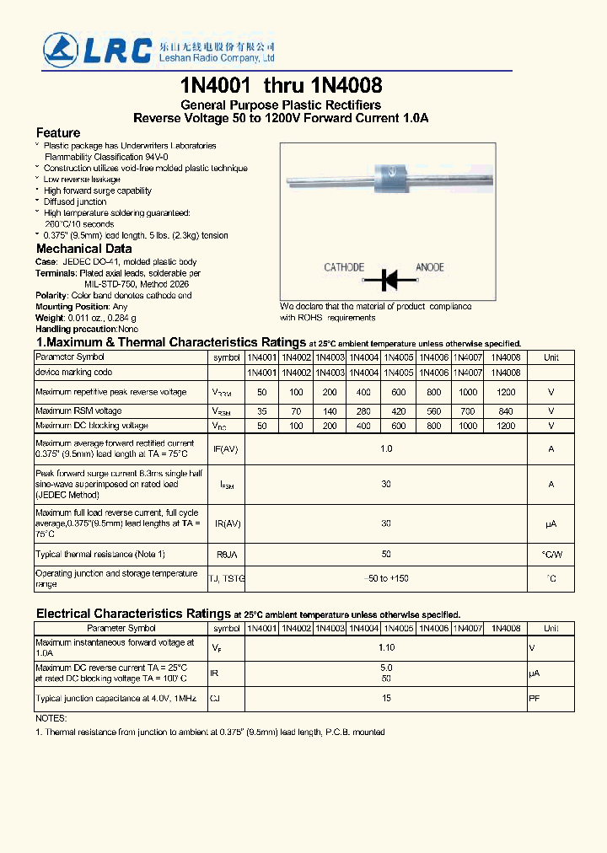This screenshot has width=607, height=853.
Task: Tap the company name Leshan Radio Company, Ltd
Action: tap(217, 59)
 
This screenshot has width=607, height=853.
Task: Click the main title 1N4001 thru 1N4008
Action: tap(281, 85)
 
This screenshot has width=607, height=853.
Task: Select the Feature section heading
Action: tap(58, 133)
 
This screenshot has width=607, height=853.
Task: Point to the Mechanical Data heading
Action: tap(83, 249)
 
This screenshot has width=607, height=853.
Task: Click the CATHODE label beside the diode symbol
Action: tap(344, 267)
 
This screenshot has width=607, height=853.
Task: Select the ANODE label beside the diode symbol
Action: tap(430, 267)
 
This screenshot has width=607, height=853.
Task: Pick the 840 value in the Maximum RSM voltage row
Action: tap(506, 411)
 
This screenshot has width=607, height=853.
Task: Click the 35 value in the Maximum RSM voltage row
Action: tap(261, 411)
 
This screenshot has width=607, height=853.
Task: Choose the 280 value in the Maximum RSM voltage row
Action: tap(364, 411)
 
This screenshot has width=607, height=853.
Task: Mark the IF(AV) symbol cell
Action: tap(227, 449)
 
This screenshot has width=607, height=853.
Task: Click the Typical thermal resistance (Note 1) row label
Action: tap(100, 554)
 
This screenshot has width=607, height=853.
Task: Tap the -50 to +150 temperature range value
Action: tap(386, 578)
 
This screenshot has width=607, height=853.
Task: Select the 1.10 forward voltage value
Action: tap(386, 647)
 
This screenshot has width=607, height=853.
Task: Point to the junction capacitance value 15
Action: tap(386, 698)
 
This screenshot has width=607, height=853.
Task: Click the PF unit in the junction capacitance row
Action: tap(534, 698)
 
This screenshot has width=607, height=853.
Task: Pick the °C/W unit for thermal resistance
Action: tap(551, 554)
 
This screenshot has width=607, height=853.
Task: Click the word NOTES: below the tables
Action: tap(51, 718)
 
